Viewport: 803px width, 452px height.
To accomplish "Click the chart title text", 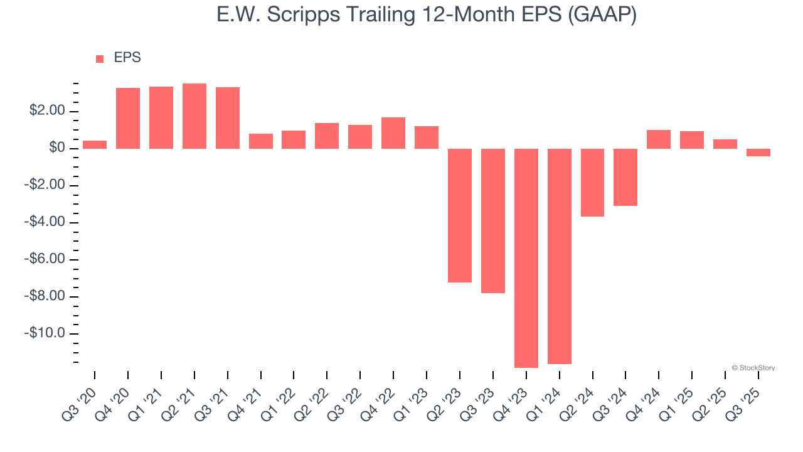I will (x=427, y=15).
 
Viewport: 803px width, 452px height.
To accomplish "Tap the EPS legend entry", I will (x=119, y=58).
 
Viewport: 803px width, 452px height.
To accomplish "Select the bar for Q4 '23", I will (x=526, y=258).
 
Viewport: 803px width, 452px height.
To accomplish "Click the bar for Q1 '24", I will (x=560, y=256).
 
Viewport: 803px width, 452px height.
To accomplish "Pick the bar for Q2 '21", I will (x=194, y=116).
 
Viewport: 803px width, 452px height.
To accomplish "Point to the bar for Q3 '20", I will (x=95, y=144).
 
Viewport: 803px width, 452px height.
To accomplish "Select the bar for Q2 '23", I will (x=460, y=215).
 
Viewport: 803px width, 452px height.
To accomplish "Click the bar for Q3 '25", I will (x=758, y=153).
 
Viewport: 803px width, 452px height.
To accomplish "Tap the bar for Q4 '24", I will (x=659, y=139).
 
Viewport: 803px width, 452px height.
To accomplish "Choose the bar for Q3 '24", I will (x=625, y=177).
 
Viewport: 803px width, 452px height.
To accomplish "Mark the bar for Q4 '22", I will (x=393, y=133).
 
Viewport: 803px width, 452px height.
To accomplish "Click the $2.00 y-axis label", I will (x=47, y=111).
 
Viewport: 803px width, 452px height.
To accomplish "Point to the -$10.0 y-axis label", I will (x=45, y=333).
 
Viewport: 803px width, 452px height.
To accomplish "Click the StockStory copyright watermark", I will (x=753, y=368).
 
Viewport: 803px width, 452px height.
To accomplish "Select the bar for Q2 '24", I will (x=592, y=183).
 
